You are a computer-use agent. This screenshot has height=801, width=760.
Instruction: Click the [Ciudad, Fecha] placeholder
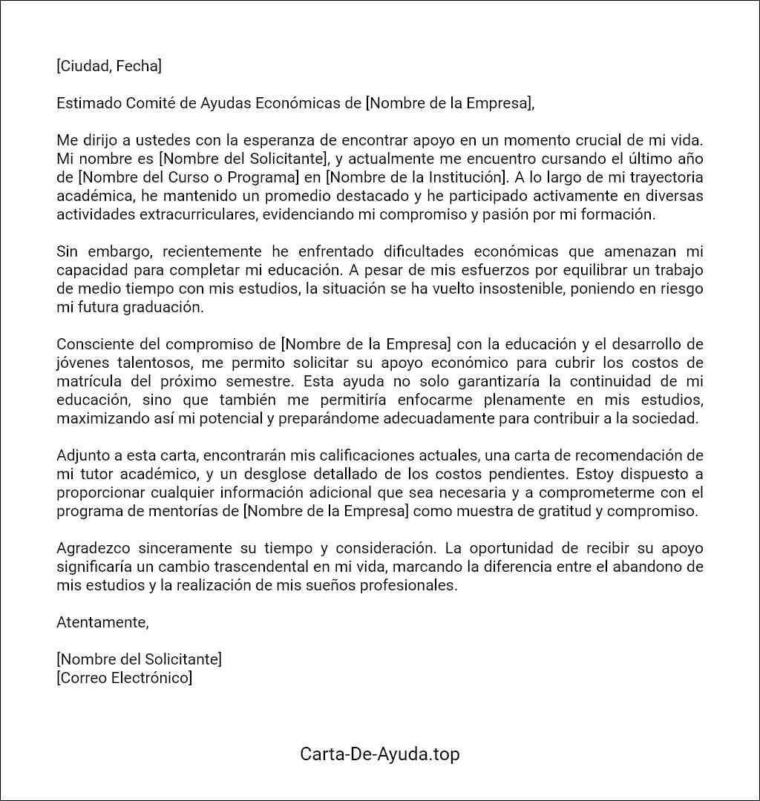108,66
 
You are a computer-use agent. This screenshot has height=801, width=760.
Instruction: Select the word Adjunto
82,455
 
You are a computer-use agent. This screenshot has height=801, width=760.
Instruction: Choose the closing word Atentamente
102,622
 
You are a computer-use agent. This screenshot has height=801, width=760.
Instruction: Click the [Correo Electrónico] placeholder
124,678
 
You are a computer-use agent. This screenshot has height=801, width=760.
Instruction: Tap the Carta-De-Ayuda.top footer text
379,754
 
